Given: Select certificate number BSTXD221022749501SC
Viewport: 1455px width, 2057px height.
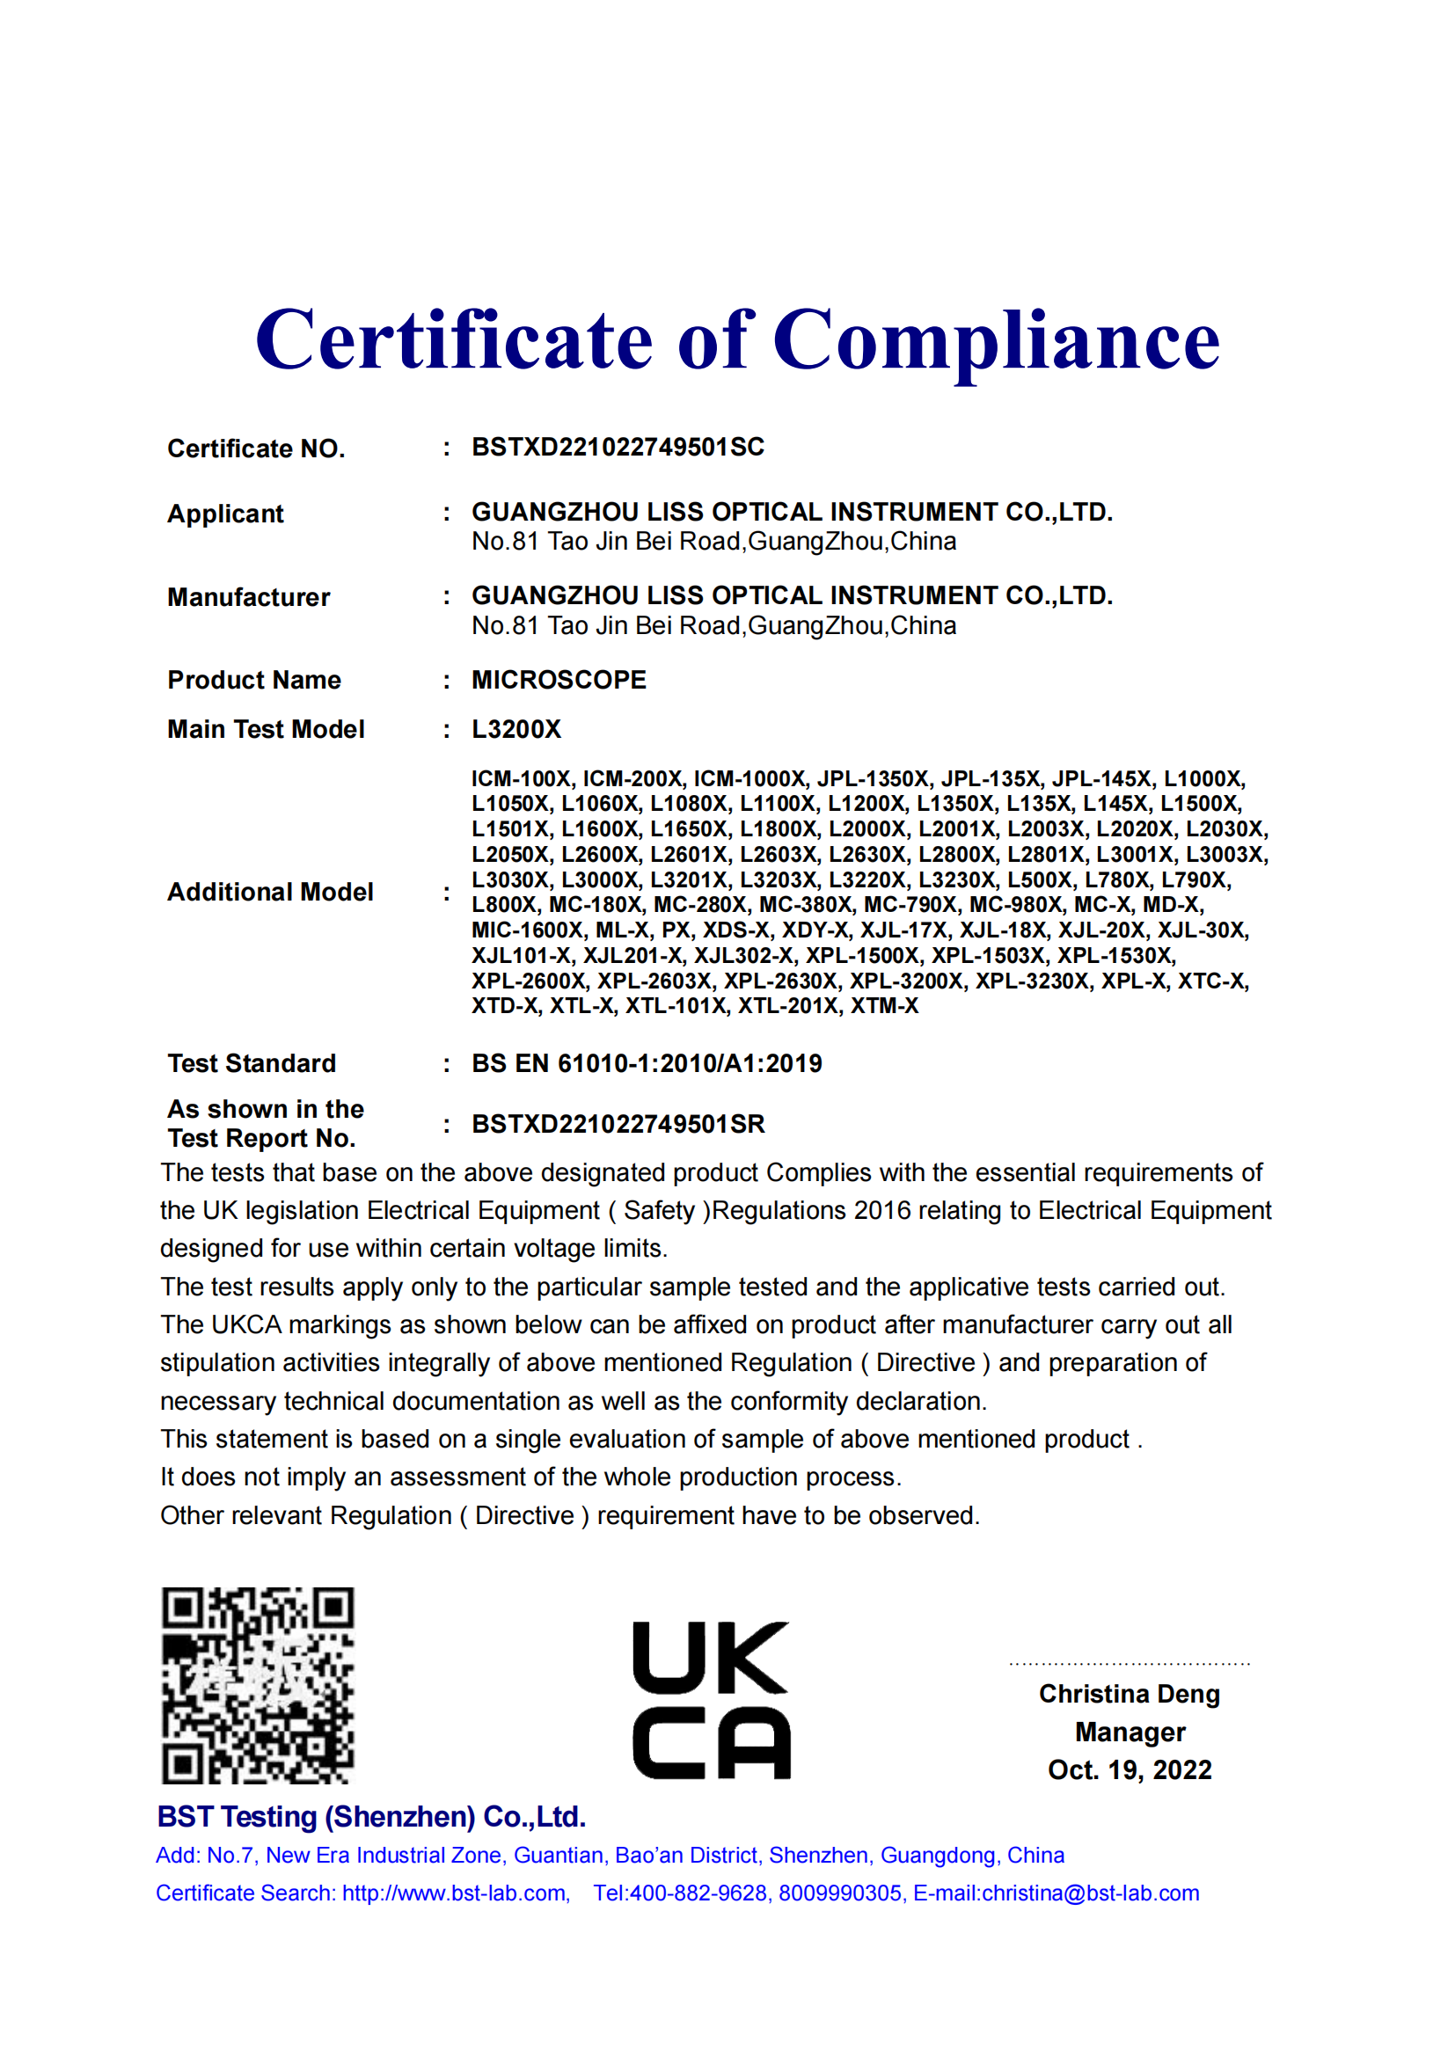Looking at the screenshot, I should click(618, 447).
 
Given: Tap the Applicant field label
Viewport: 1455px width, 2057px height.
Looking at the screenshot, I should click(225, 514).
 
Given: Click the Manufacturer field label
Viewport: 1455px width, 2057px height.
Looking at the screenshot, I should click(248, 597).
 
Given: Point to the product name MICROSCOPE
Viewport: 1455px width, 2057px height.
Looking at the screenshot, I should click(559, 680).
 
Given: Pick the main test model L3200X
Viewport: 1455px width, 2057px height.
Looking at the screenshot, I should click(516, 729).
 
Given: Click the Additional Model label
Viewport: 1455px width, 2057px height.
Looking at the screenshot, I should click(270, 893).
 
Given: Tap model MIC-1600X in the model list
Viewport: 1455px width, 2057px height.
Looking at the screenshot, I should click(527, 930).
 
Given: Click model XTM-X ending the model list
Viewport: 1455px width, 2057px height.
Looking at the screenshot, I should click(884, 1005).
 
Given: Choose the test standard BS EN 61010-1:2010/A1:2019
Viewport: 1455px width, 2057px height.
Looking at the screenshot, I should click(647, 1063).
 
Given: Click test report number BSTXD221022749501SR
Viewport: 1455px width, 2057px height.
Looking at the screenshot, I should click(618, 1125).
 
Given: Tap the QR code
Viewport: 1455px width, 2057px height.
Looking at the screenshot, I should click(258, 1685).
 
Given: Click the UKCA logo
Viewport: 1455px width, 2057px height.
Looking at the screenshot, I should click(712, 1700).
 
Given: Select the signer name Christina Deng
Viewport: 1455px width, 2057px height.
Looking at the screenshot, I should click(1129, 1694).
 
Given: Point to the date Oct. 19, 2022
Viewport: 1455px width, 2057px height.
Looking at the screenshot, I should click(1129, 1770).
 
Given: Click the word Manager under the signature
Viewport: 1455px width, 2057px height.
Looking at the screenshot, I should click(1130, 1732).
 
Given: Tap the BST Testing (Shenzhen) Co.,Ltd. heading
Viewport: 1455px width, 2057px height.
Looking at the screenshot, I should click(371, 1817).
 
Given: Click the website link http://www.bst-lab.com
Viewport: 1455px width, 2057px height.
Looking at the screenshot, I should click(455, 1893).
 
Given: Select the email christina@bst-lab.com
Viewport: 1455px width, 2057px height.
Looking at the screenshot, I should click(1089, 1893).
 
